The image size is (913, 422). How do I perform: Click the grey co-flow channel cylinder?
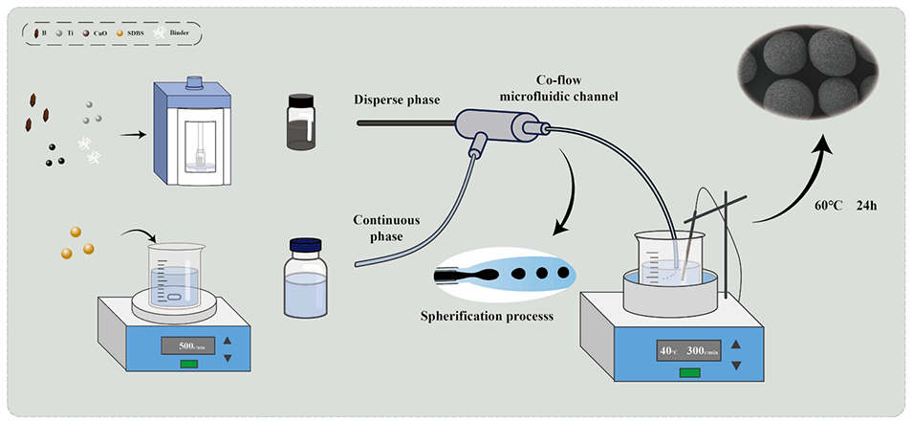(x=497, y=124)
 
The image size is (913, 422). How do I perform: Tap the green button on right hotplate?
(x=688, y=372)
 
